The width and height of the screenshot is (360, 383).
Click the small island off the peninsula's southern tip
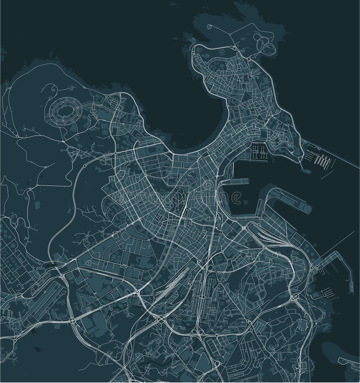[306, 171]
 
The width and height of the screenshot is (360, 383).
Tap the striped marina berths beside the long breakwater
[321, 159]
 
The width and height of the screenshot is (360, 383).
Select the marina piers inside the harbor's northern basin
[258, 150]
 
